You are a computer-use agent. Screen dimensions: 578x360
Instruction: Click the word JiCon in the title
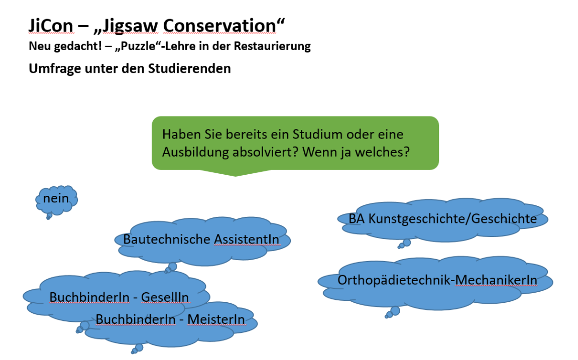(x=51, y=26)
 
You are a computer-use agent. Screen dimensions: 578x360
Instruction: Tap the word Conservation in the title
(x=219, y=26)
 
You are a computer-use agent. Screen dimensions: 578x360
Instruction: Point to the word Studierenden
(x=189, y=69)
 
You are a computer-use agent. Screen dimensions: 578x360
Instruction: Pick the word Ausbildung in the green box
(x=195, y=152)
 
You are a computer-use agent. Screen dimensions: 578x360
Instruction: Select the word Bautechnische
(x=167, y=239)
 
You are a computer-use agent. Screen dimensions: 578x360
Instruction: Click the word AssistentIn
(x=247, y=239)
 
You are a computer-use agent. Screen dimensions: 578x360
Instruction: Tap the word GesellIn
(x=165, y=297)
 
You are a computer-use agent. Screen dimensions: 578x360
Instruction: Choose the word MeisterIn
(x=216, y=319)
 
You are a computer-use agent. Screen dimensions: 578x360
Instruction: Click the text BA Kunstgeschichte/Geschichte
(x=443, y=219)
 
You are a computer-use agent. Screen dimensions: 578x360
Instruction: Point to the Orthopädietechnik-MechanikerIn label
(x=437, y=280)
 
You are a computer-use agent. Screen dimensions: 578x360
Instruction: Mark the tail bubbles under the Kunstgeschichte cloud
(x=404, y=244)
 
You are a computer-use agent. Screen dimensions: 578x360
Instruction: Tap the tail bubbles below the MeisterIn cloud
(x=137, y=349)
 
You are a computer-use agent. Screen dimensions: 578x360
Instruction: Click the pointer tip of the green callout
(x=235, y=176)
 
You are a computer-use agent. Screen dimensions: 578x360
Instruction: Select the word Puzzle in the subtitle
(x=138, y=46)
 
